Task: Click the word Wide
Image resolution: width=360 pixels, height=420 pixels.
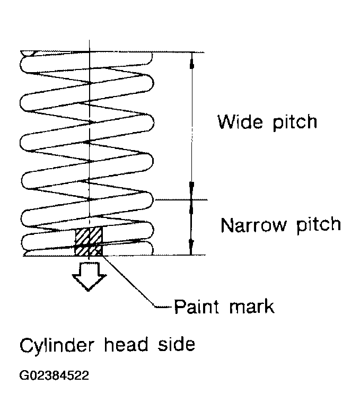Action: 240,122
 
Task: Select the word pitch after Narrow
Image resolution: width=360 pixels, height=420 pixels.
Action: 319,226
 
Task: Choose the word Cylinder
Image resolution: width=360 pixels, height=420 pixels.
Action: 57,346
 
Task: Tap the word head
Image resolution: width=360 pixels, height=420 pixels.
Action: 126,344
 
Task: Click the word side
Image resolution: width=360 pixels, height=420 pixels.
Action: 177,344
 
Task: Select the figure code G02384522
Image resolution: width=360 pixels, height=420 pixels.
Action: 54,375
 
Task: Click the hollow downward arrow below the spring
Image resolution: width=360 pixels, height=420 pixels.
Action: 89,276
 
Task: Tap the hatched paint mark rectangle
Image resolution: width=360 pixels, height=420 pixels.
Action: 89,241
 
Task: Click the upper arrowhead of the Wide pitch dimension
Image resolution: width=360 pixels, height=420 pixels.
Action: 191,61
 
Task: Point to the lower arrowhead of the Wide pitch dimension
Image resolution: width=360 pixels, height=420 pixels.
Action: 191,190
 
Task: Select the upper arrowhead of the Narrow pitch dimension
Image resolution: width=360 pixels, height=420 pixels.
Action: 191,207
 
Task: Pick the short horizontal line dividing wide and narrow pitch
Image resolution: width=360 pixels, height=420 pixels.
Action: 181,199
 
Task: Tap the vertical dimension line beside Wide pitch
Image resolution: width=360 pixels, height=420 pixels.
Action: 192,126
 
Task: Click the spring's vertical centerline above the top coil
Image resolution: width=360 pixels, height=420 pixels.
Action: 90,45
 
